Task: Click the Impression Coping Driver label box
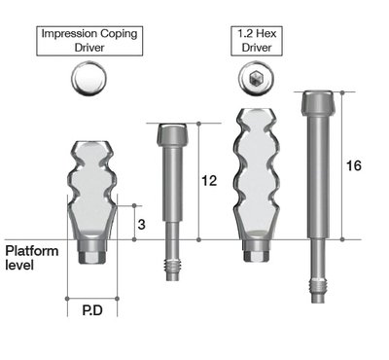pos(89,41)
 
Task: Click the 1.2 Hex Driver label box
pos(257,41)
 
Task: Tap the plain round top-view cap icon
pos(88,78)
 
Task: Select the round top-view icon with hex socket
pos(256,78)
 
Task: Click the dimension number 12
pos(209,181)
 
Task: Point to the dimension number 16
pos(354,165)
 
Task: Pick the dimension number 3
pos(141,225)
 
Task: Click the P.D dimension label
pos(92,310)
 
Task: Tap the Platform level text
pos(32,258)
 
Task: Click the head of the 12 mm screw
pos(172,134)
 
